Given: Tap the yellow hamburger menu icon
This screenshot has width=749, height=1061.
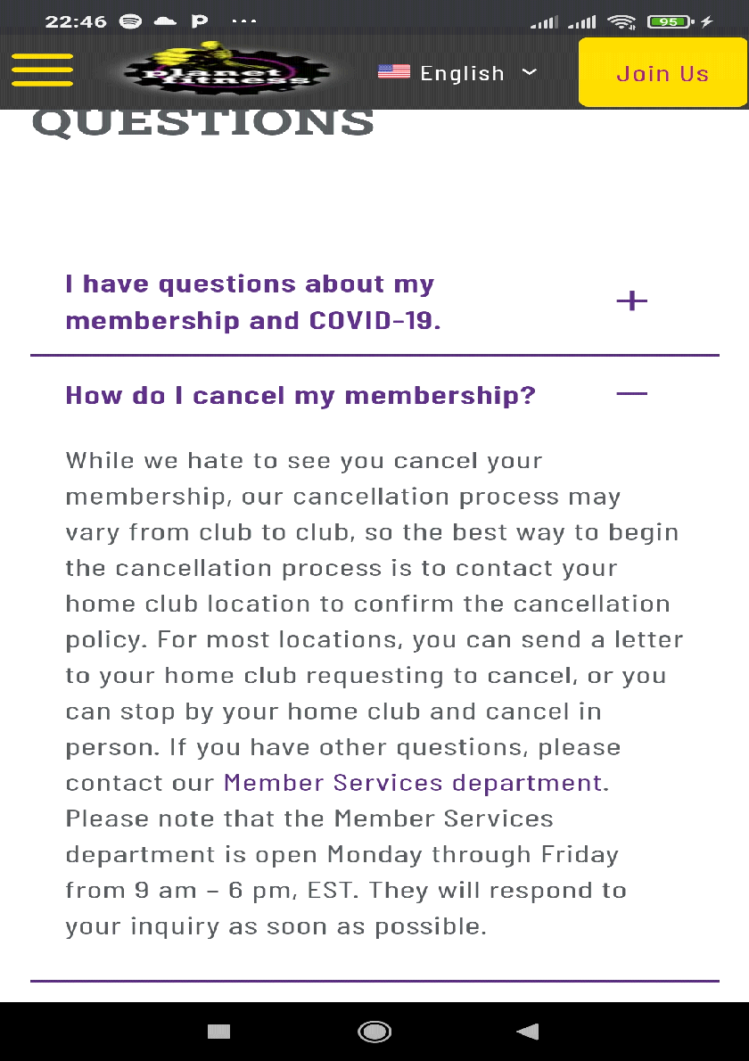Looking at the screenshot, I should point(42,70).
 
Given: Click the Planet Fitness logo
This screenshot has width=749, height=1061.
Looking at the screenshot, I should point(226,71).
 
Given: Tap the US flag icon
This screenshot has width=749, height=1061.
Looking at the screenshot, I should point(393,72).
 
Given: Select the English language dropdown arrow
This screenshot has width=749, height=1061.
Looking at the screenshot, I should point(529,71).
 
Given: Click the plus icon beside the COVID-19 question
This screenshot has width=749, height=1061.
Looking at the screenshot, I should point(631,301).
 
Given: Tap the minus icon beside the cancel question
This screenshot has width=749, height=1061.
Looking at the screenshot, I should point(631,393).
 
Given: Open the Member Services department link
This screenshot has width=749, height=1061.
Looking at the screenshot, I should point(413,783).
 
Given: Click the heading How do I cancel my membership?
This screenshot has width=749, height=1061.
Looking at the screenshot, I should point(300,395).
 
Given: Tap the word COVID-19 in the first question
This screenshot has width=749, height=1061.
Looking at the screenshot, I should point(374,320).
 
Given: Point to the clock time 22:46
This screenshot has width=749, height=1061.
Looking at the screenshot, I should point(76,21).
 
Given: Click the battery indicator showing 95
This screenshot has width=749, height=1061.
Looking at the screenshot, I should point(670,21).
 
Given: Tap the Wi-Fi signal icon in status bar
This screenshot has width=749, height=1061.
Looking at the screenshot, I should point(621,21).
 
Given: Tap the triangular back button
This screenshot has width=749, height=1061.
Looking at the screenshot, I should point(528,1032).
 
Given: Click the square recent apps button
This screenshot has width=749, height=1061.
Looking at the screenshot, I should point(218,1032).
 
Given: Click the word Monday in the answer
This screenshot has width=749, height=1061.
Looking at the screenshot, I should point(374,854).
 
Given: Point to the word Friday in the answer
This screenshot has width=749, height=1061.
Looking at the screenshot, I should point(580,854).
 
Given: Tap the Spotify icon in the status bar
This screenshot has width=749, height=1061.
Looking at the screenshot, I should point(131,21).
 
